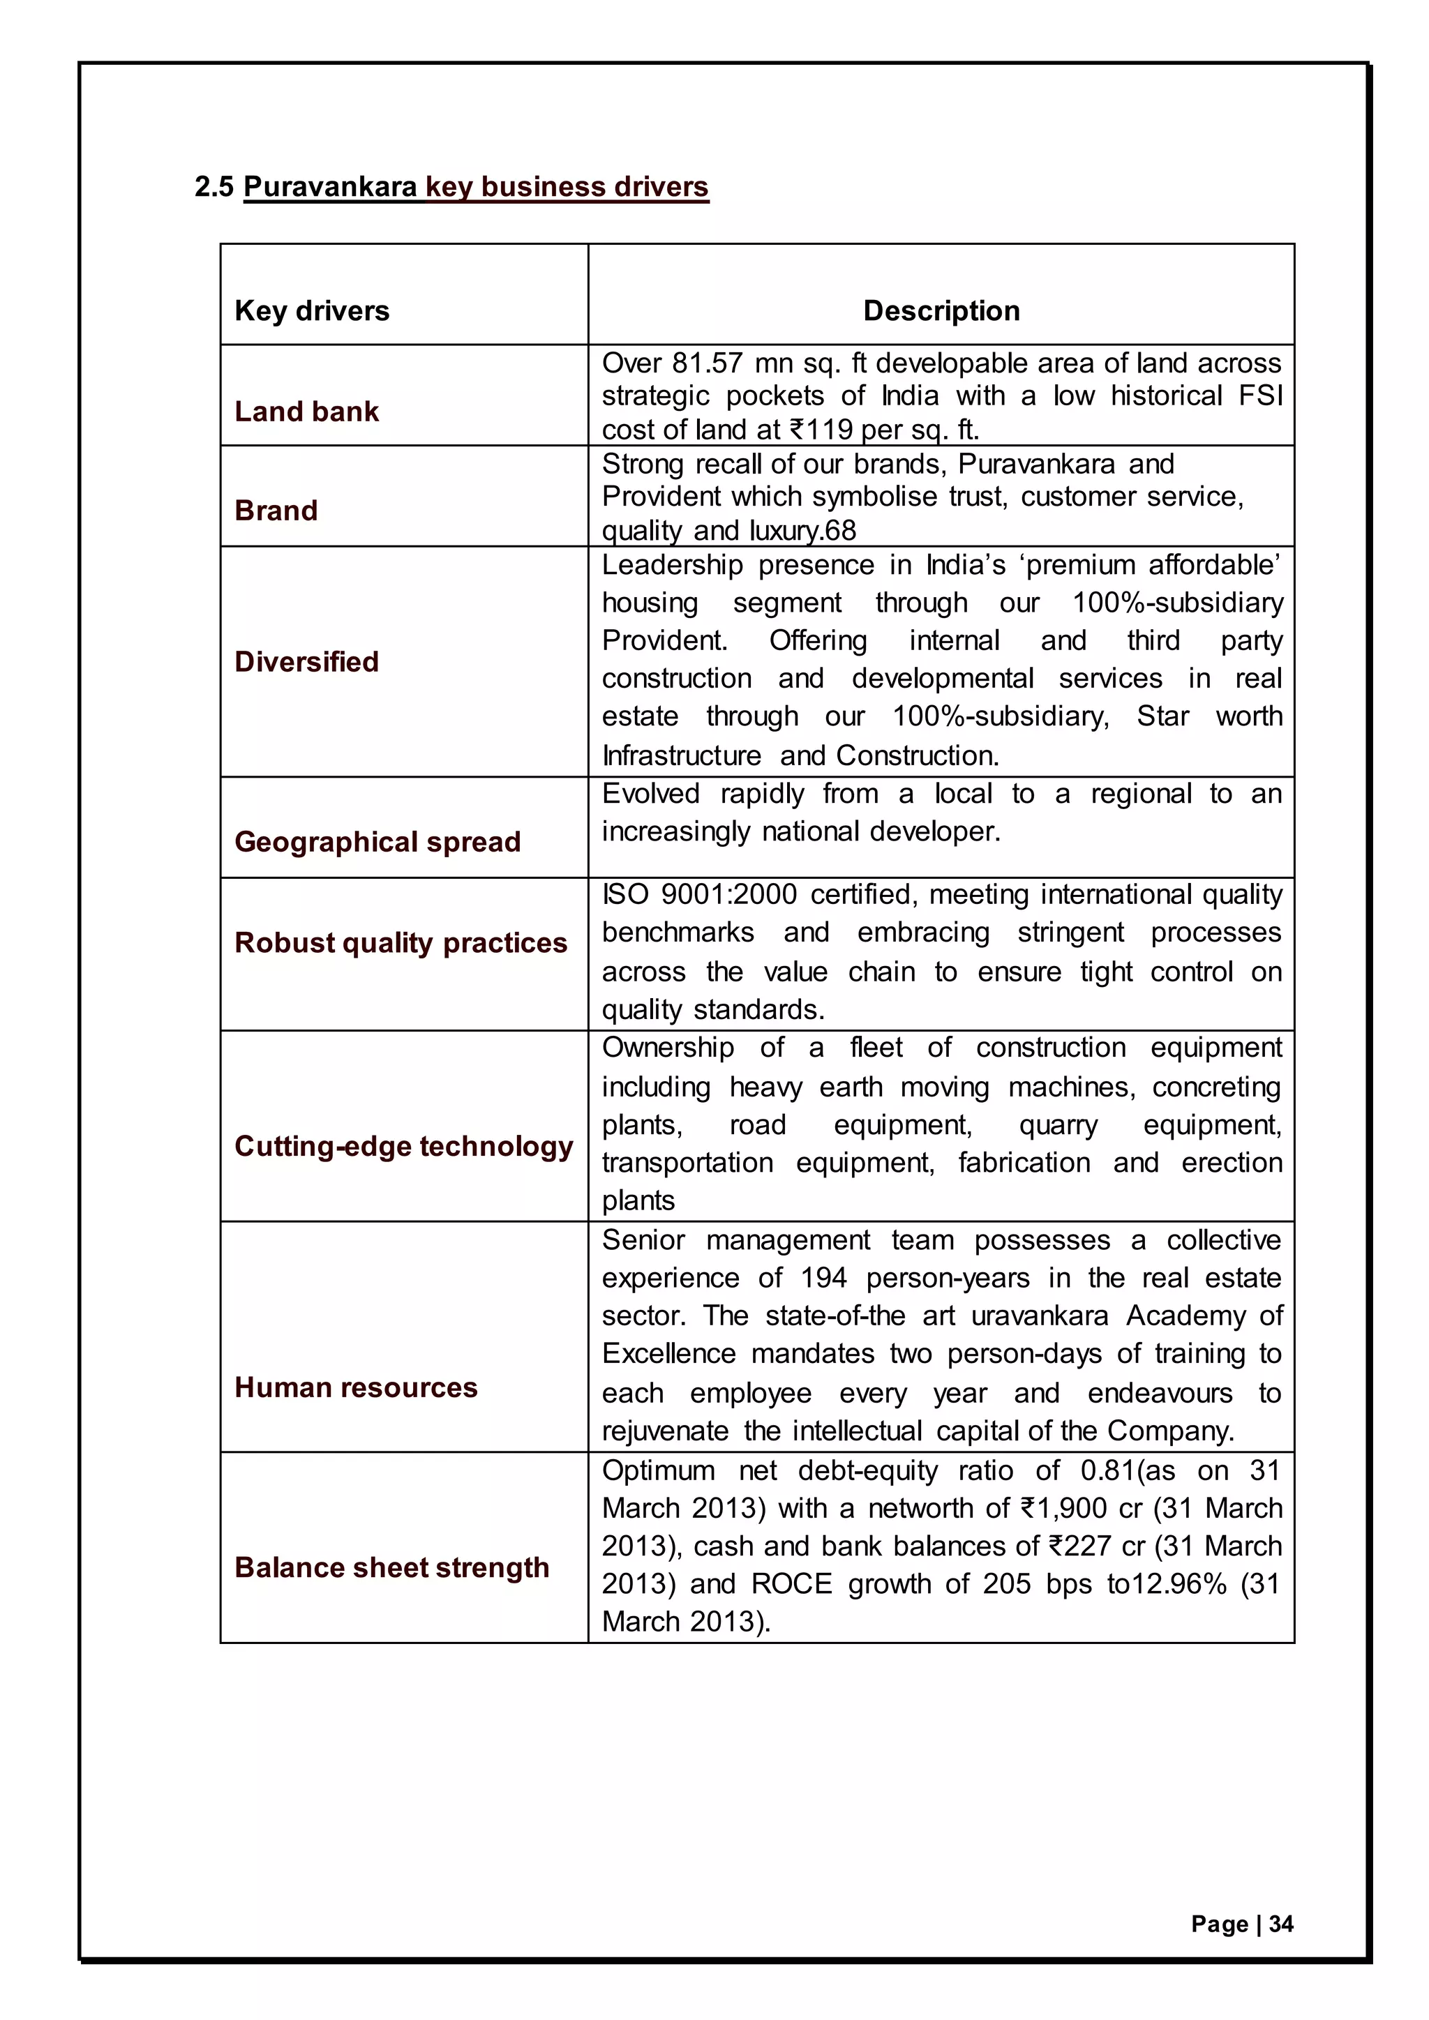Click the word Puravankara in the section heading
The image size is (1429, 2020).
(x=330, y=186)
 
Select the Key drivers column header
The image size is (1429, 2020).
(x=311, y=310)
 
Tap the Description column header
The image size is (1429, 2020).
(x=941, y=310)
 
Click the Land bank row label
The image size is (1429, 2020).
(x=306, y=411)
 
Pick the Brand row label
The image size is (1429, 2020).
(x=276, y=511)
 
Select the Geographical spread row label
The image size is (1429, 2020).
(x=377, y=841)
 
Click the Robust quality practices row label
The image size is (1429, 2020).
(x=401, y=942)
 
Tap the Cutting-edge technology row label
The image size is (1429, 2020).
(x=403, y=1145)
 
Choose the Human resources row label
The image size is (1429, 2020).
(x=355, y=1387)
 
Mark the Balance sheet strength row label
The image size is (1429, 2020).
(x=391, y=1567)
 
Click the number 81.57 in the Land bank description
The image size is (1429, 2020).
(x=708, y=363)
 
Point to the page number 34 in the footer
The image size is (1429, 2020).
(x=1281, y=1924)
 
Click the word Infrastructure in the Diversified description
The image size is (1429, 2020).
(x=681, y=755)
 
